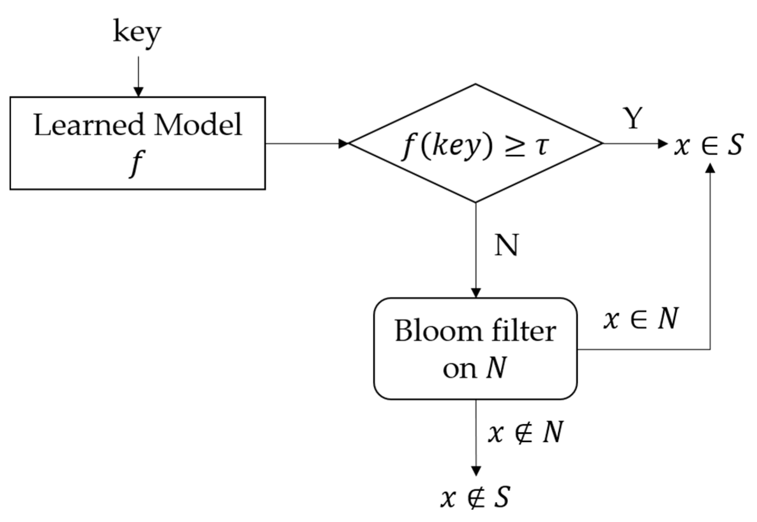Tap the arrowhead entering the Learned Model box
[x=138, y=92]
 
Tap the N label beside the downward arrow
[x=506, y=245]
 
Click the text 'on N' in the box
[x=475, y=368]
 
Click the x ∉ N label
[x=525, y=432]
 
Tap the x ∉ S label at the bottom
[x=475, y=497]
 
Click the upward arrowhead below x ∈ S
[x=710, y=168]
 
